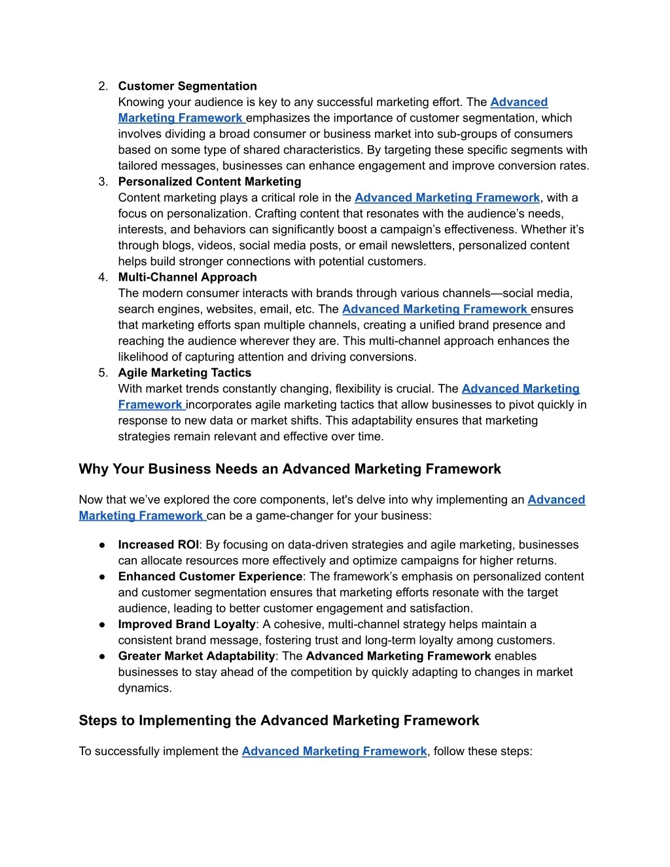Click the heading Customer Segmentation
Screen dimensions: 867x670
click(x=187, y=86)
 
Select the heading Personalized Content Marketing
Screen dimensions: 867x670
click(x=209, y=182)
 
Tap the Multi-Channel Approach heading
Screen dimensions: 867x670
click(x=187, y=277)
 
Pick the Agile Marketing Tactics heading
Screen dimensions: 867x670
click(x=185, y=373)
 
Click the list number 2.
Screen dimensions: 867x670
click(x=103, y=86)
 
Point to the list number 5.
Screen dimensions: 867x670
click(x=103, y=373)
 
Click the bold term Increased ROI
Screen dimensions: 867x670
click(x=158, y=545)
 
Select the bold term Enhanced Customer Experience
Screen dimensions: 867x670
click(x=210, y=576)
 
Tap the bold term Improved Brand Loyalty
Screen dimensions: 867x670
click(x=186, y=624)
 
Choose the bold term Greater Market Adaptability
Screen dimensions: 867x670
click(x=196, y=656)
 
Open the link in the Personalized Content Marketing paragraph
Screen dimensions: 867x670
click(x=447, y=198)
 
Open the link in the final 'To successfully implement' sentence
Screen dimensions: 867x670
click(x=334, y=751)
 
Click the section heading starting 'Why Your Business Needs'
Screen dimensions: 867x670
click(x=290, y=469)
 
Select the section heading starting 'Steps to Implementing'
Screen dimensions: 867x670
click(x=279, y=720)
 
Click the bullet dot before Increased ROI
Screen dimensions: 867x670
click(x=103, y=545)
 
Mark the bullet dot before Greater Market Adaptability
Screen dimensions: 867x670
click(x=103, y=656)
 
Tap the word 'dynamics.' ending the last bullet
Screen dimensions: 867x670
click(x=145, y=688)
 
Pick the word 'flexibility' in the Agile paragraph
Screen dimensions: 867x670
click(x=363, y=389)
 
